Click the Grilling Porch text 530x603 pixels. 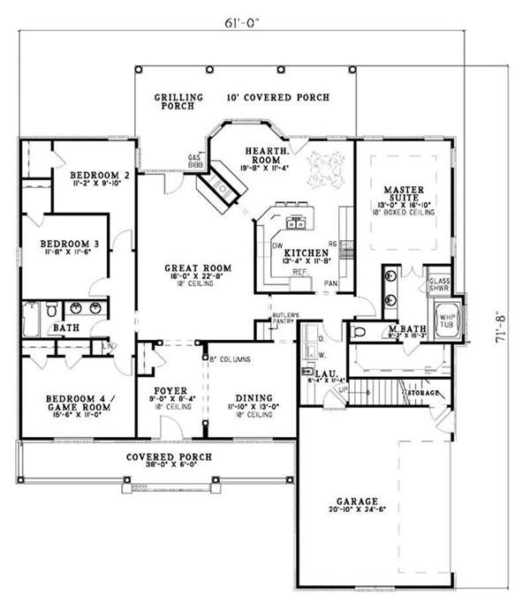pyautogui.click(x=178, y=102)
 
